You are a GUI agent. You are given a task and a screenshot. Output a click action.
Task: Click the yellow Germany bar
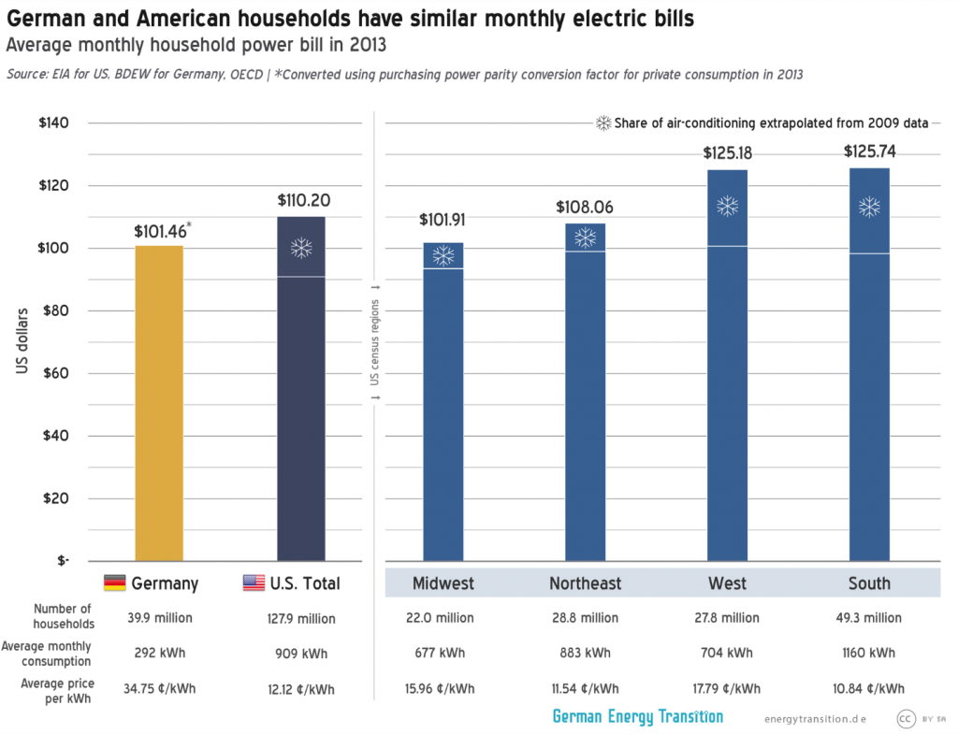pyautogui.click(x=159, y=402)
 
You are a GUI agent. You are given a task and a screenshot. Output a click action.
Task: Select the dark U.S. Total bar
pyautogui.click(x=301, y=402)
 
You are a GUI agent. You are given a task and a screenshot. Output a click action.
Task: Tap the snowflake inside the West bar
pyautogui.click(x=727, y=207)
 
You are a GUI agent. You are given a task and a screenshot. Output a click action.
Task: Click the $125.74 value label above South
pyautogui.click(x=869, y=151)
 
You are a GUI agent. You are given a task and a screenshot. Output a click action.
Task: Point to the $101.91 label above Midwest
pyautogui.click(x=443, y=221)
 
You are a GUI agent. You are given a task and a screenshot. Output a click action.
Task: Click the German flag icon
pyautogui.click(x=114, y=583)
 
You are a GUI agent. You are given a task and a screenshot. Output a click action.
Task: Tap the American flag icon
pyautogui.click(x=254, y=583)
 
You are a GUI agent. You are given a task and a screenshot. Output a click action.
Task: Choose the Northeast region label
pyautogui.click(x=585, y=583)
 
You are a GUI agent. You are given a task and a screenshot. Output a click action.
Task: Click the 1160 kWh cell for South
pyautogui.click(x=869, y=653)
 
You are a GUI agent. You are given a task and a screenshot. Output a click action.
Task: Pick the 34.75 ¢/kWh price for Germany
pyautogui.click(x=159, y=688)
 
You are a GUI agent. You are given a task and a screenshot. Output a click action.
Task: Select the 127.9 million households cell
pyautogui.click(x=301, y=618)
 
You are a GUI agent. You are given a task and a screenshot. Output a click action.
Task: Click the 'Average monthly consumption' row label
pyautogui.click(x=47, y=653)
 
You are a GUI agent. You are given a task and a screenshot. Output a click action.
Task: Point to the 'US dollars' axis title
pyautogui.click(x=22, y=341)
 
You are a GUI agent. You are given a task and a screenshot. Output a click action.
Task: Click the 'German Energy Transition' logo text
pyautogui.click(x=637, y=716)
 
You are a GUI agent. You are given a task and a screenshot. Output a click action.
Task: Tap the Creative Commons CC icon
pyautogui.click(x=906, y=718)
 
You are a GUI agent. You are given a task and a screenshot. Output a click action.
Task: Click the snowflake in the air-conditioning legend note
pyautogui.click(x=604, y=123)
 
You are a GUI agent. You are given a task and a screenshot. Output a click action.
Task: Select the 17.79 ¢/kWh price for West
pyautogui.click(x=727, y=688)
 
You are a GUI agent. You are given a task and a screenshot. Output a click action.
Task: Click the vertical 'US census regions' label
pyautogui.click(x=374, y=341)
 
